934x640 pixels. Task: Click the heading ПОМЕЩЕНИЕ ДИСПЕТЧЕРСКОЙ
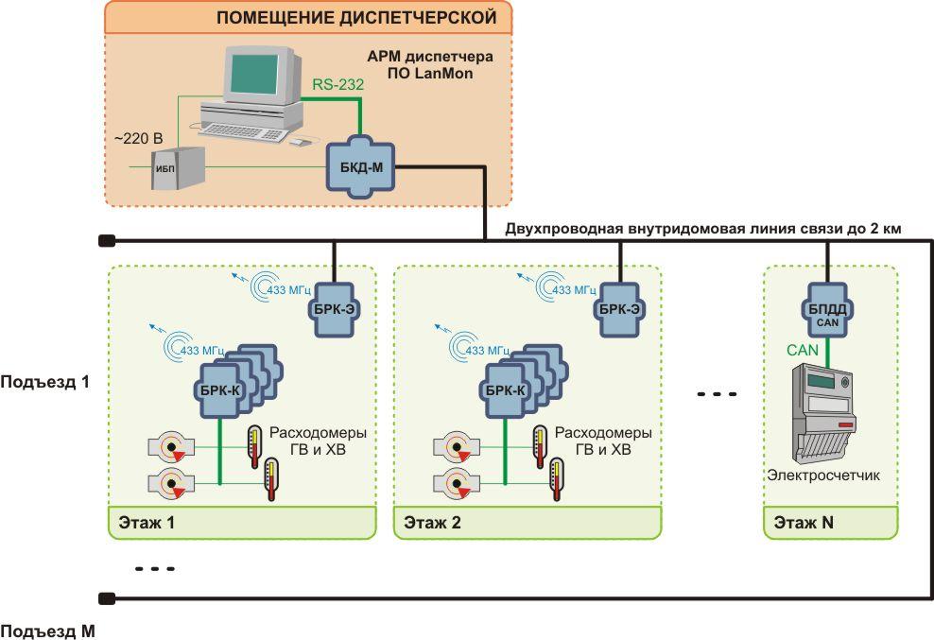[356, 17]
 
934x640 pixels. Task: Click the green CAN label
[804, 351]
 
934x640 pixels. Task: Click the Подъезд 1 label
[44, 383]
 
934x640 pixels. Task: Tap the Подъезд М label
[47, 630]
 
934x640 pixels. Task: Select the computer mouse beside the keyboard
[299, 142]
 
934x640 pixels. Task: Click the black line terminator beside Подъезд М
[107, 597]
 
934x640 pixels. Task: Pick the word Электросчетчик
[823, 476]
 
